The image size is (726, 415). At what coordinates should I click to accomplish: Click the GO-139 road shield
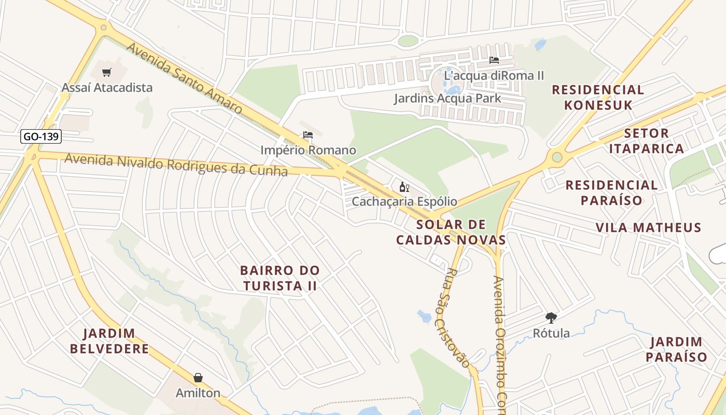[x=41, y=137]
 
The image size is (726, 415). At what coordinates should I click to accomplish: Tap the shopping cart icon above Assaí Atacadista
[x=107, y=73]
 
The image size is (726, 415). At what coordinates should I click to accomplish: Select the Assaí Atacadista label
[x=107, y=88]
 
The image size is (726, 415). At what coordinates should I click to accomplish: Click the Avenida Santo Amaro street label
[x=184, y=78]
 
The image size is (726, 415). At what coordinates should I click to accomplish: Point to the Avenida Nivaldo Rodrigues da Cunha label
[x=176, y=164]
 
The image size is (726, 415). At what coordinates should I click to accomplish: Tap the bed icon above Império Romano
[x=308, y=135]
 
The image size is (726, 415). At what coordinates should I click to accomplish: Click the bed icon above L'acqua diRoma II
[x=494, y=60]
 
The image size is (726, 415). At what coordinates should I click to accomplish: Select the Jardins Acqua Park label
[x=447, y=98]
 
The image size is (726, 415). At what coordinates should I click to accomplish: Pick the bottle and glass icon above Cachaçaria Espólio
[x=404, y=187]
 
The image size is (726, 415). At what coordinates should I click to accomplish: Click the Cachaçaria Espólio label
[x=404, y=201]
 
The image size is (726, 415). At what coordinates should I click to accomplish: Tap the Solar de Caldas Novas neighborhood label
[x=451, y=232]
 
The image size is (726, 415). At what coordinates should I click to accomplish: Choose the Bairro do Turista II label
[x=280, y=278]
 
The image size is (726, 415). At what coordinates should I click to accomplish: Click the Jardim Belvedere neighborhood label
[x=109, y=341]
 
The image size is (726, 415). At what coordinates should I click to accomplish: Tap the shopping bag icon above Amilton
[x=198, y=378]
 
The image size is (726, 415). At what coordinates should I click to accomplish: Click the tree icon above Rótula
[x=551, y=318]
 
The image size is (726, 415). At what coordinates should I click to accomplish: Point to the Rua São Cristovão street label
[x=458, y=317]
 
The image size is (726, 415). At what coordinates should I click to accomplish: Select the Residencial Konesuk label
[x=598, y=98]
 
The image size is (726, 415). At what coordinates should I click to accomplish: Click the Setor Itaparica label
[x=646, y=141]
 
